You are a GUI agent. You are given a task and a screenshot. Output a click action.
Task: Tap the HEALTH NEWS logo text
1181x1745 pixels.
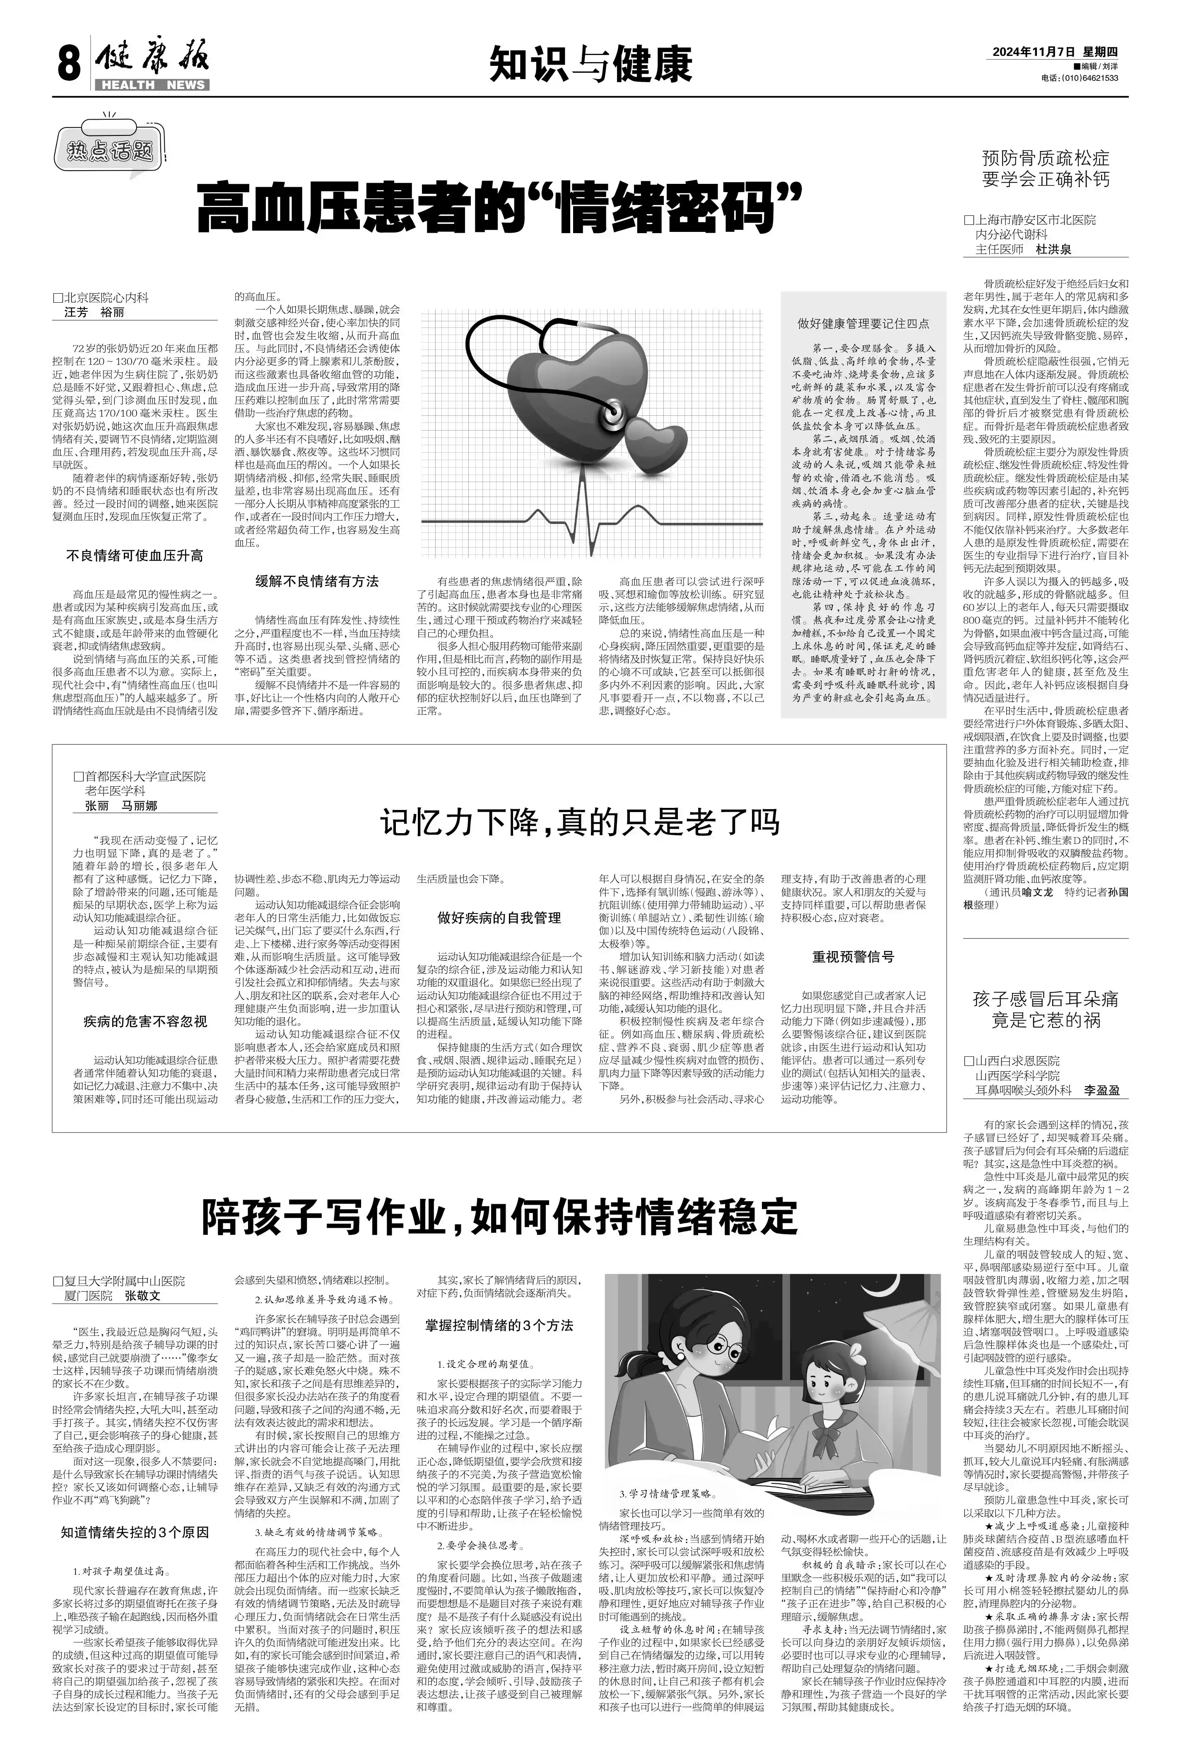(x=152, y=85)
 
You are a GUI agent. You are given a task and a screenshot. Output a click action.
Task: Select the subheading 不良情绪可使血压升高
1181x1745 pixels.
(x=135, y=556)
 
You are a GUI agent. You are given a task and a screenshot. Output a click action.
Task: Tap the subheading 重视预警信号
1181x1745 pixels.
(x=853, y=957)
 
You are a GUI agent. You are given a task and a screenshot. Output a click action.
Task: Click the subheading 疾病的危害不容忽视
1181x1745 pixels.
(x=145, y=1021)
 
